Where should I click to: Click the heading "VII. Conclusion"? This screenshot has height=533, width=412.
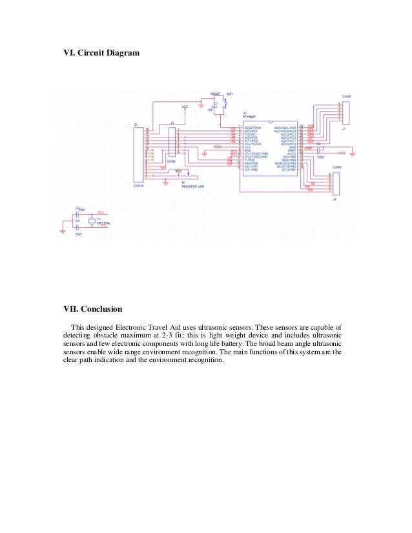(92, 308)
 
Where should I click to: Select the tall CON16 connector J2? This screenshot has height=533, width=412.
(137, 156)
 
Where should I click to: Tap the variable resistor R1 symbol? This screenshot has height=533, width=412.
(188, 176)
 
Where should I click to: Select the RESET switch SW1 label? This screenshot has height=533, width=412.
(229, 94)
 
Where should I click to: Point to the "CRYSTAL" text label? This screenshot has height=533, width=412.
(103, 223)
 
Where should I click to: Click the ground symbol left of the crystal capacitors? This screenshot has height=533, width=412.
(62, 230)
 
